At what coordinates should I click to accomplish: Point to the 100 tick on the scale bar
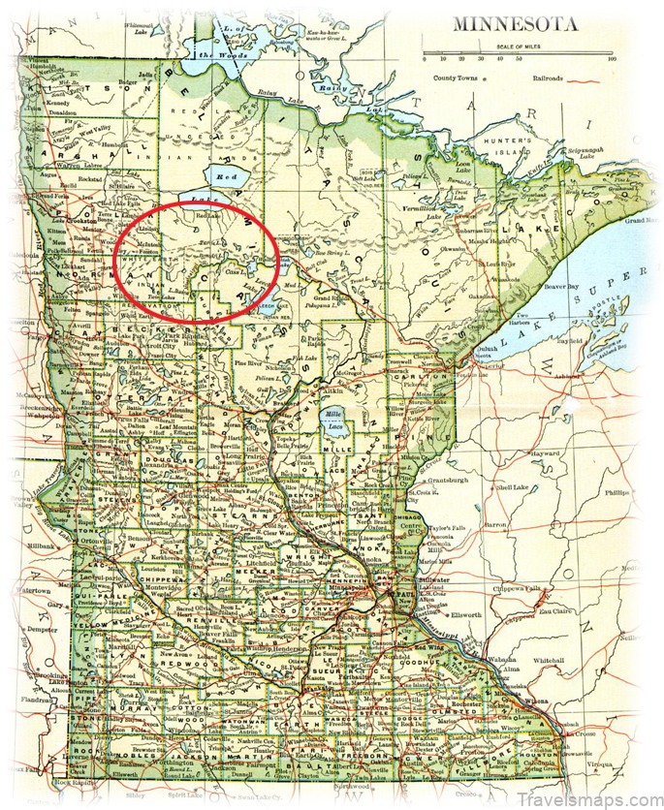611,59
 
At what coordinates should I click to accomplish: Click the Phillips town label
617,491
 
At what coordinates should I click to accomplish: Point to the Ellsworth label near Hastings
464,612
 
